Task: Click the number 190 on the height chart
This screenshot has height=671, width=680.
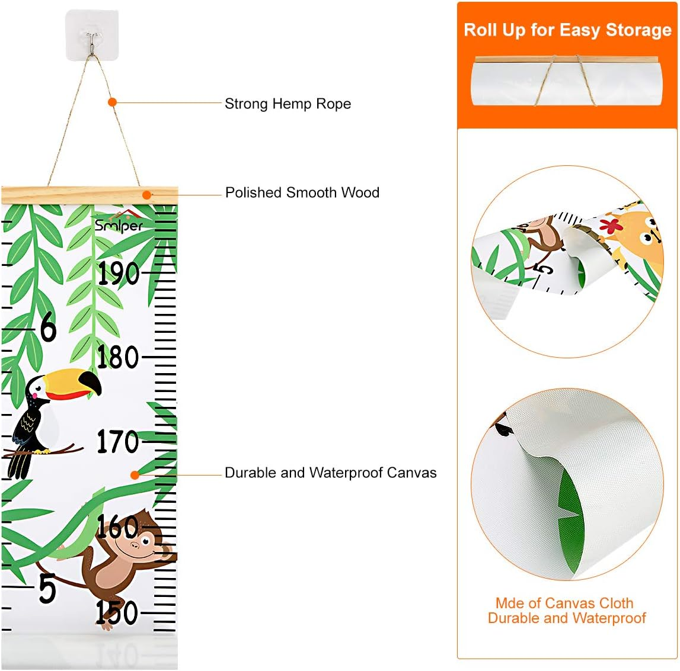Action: point(119,274)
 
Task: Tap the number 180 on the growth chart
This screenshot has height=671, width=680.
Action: point(117,357)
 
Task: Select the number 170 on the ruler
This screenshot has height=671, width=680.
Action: point(117,441)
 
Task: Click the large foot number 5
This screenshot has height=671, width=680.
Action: point(47,588)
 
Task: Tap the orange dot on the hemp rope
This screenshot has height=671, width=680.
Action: point(112,102)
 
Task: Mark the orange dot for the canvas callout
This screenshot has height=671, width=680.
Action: point(135,475)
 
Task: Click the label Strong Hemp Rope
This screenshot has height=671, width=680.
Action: point(288,104)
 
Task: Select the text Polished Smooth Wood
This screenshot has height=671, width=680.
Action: point(302,192)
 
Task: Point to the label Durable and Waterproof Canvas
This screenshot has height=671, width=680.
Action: point(330,473)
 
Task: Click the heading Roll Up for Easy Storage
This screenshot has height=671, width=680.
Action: point(568,30)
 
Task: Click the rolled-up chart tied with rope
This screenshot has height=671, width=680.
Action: point(566,82)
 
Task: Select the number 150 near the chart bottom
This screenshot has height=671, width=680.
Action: point(117,613)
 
